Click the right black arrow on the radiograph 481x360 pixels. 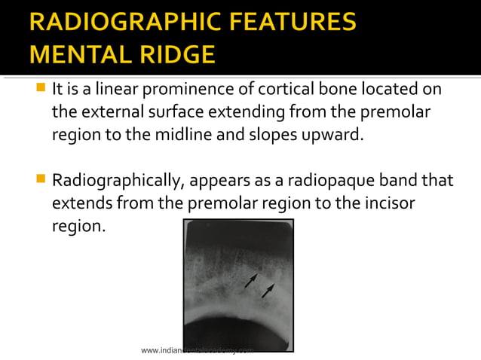267,291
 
